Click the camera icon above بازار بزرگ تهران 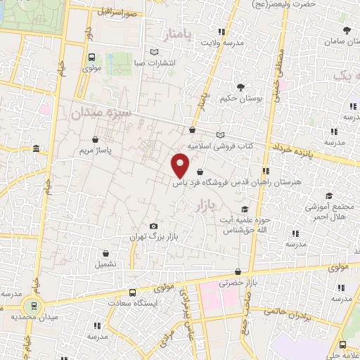click(153, 226)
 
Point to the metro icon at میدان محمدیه click(30, 306)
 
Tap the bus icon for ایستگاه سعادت click(132, 292)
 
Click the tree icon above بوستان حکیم click(241, 87)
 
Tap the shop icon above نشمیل click(105, 252)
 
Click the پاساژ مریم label click(95, 150)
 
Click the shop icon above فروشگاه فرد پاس click(201, 172)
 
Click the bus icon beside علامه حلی click(342, 345)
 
